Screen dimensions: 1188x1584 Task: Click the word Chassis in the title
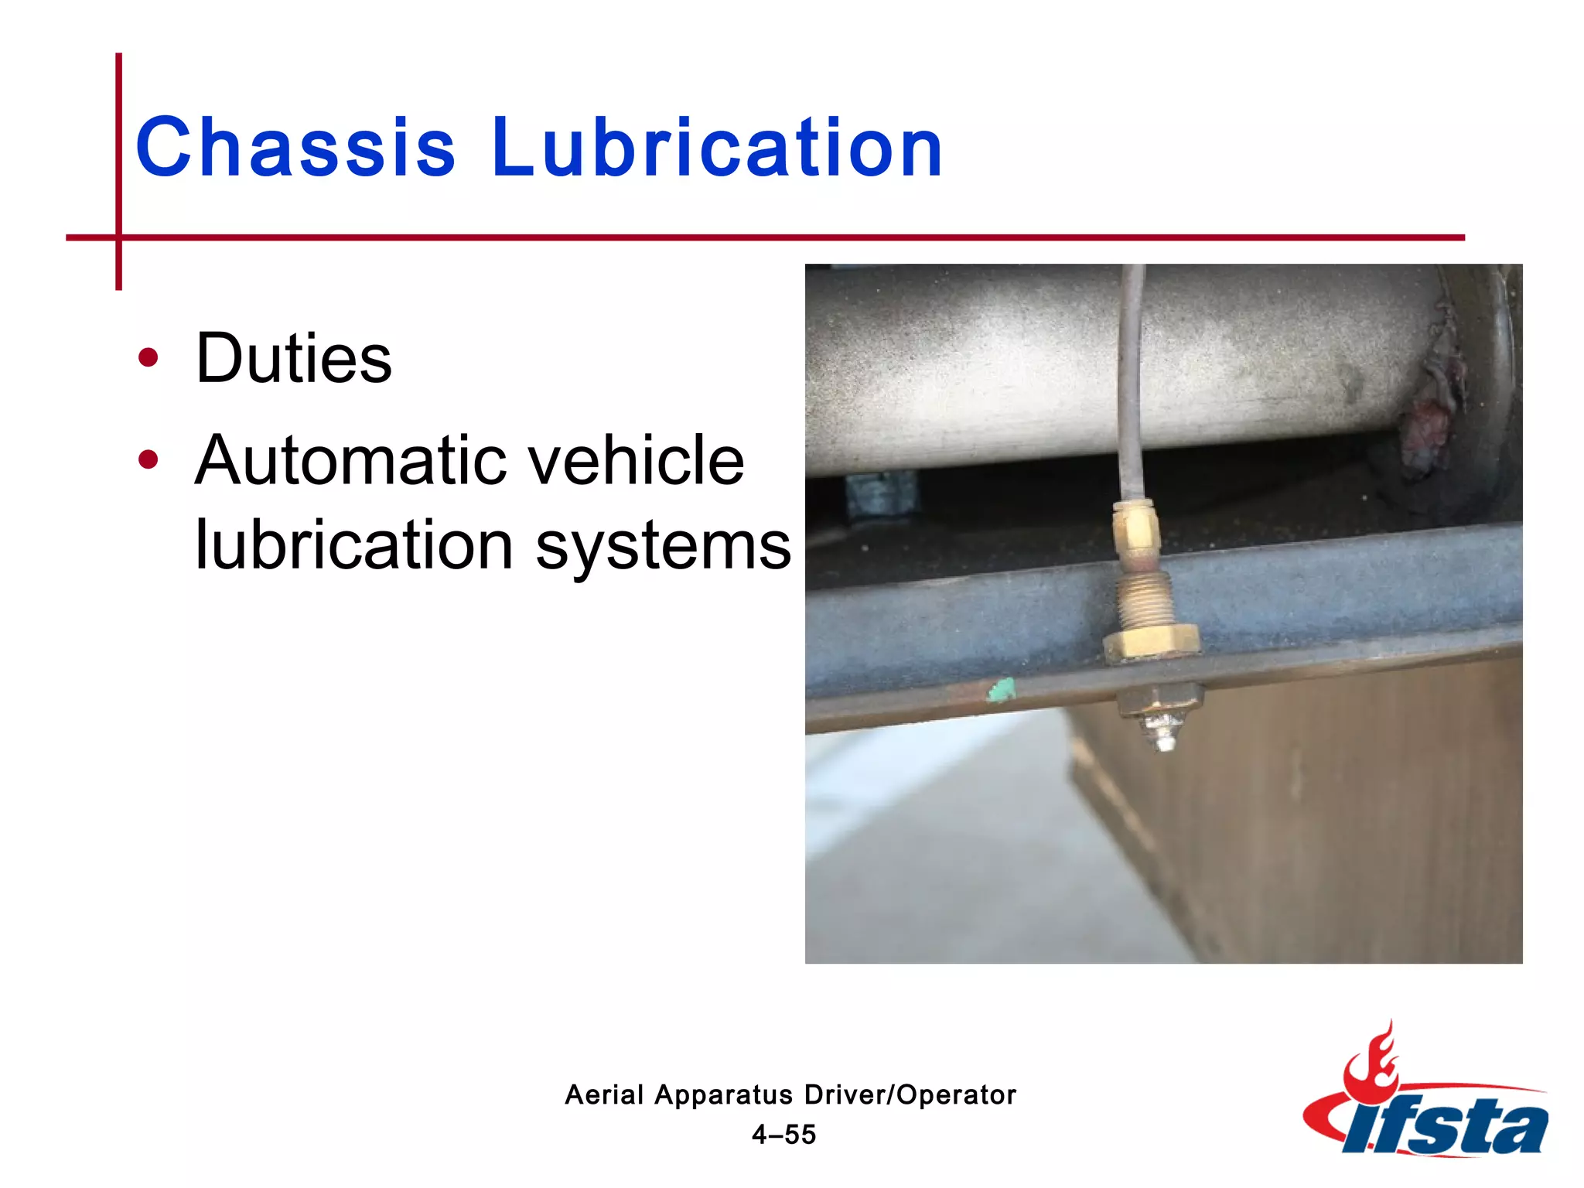coord(295,147)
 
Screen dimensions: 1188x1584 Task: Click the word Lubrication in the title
coord(717,147)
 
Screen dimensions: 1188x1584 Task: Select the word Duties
coord(294,358)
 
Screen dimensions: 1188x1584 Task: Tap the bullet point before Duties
coord(148,358)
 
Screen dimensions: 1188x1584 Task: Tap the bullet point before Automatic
coord(148,460)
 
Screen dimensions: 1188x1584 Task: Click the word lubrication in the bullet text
coord(354,545)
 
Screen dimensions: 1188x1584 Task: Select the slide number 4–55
coord(784,1135)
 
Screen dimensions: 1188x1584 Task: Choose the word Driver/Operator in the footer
coord(910,1095)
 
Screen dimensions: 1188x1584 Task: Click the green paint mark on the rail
coord(1001,690)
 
